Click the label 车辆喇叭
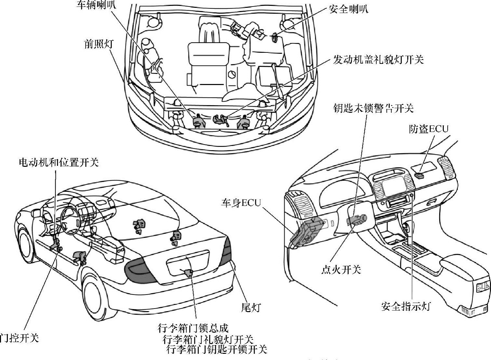(96, 5)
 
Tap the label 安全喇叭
(348, 9)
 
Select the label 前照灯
(98, 44)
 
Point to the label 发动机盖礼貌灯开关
(378, 60)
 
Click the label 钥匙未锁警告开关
(373, 108)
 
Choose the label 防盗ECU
(428, 129)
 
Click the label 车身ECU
(241, 203)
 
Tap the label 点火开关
(341, 269)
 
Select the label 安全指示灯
(406, 306)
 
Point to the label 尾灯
(251, 307)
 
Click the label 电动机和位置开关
(59, 162)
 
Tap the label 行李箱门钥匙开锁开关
(217, 350)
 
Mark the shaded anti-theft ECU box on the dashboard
(420, 175)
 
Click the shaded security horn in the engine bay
(274, 37)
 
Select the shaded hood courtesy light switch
(219, 119)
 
